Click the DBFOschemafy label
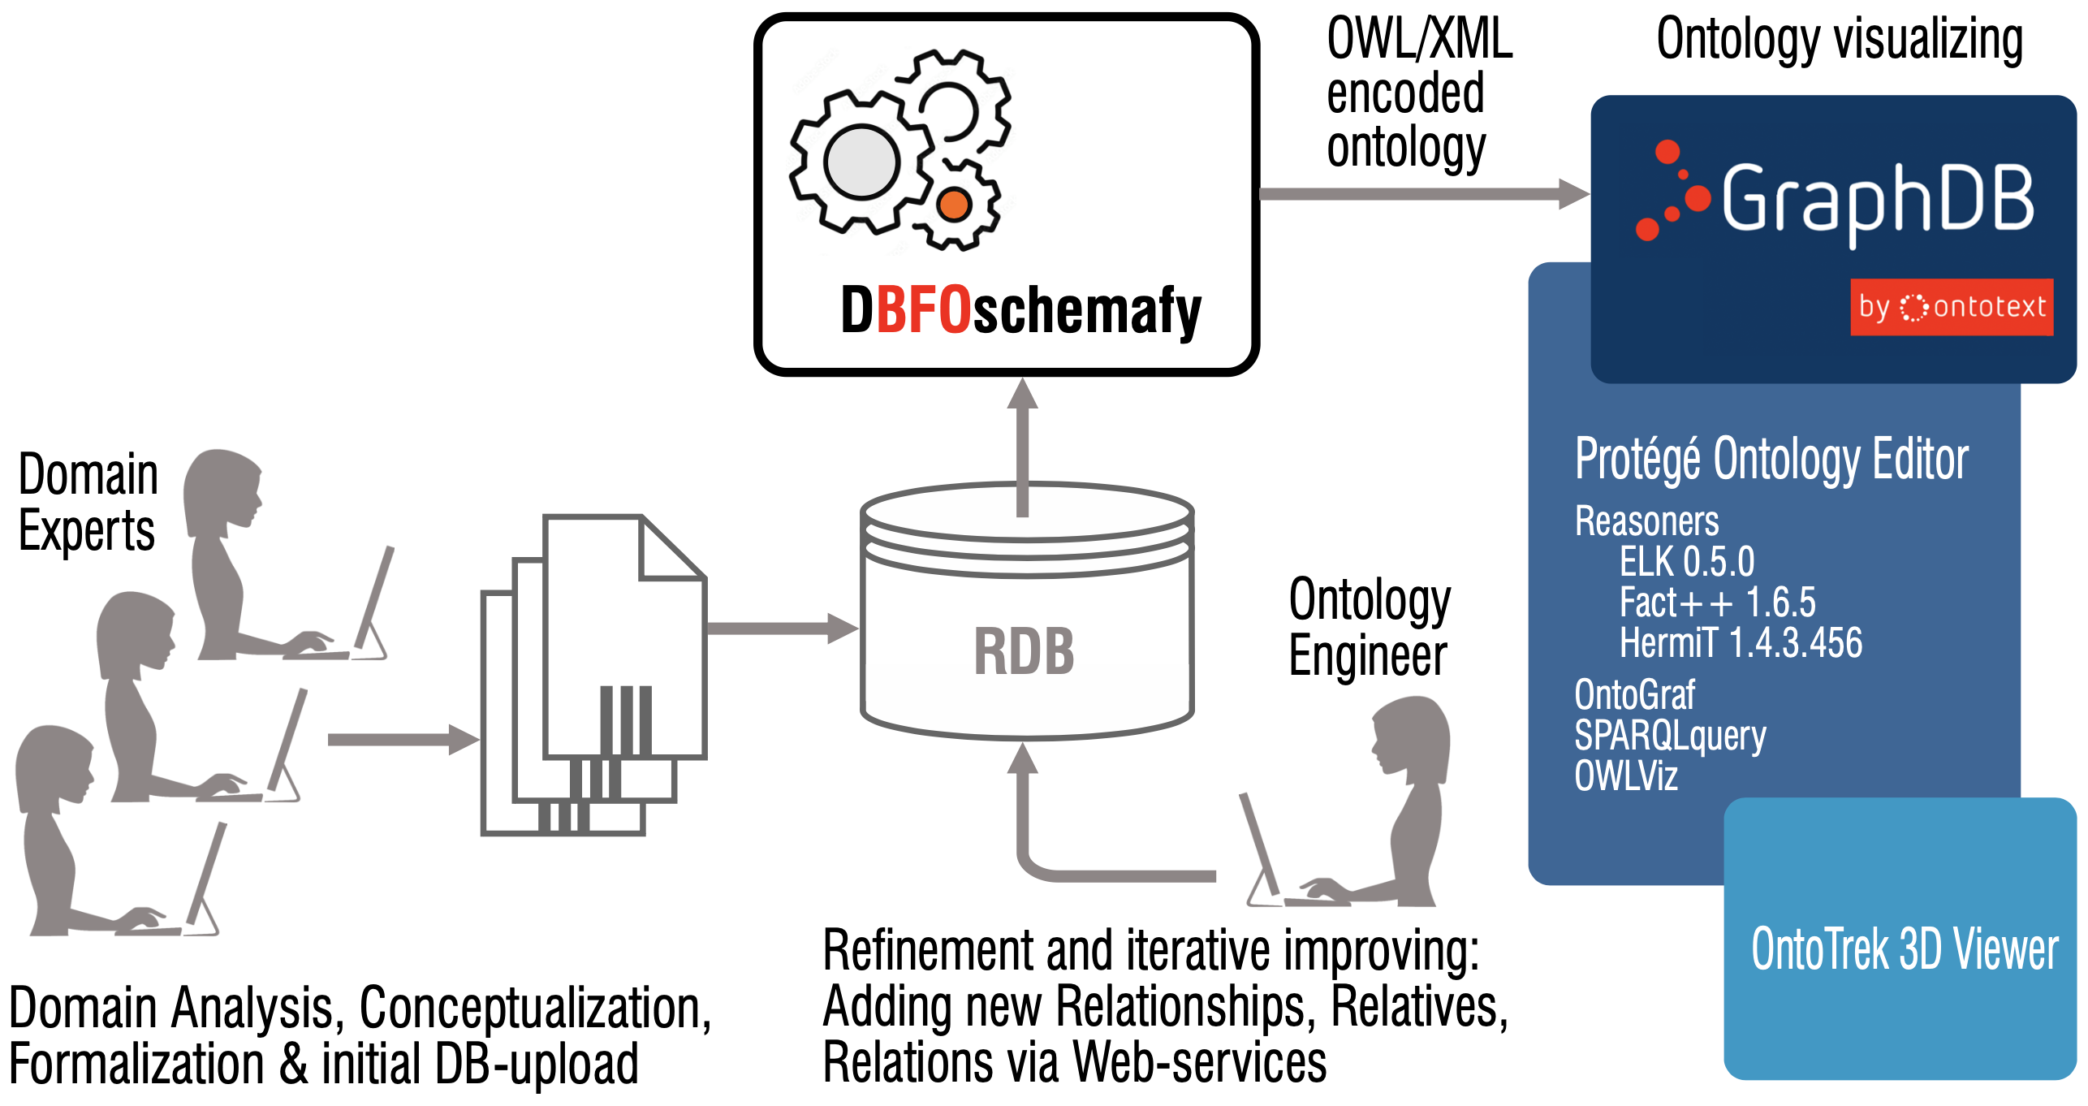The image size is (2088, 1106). pyautogui.click(x=1020, y=310)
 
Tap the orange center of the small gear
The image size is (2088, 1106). pyautogui.click(x=954, y=204)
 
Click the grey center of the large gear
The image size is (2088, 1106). pyautogui.click(x=861, y=162)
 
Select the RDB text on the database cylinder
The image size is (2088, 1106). pyautogui.click(x=1024, y=651)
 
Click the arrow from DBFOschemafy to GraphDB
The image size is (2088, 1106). pyautogui.click(x=1421, y=194)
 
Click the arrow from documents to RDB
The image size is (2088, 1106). pyautogui.click(x=779, y=628)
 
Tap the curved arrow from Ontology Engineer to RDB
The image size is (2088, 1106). pyautogui.click(x=1055, y=869)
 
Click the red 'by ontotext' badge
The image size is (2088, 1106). pyautogui.click(x=1951, y=307)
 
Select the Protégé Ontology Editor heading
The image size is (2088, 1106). pyautogui.click(x=1771, y=459)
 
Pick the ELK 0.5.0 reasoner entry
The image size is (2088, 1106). pyautogui.click(x=1686, y=561)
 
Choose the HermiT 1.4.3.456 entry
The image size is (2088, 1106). pyautogui.click(x=1740, y=642)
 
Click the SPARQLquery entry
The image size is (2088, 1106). pyautogui.click(x=1669, y=736)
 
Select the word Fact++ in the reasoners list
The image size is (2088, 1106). pyautogui.click(x=1676, y=602)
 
